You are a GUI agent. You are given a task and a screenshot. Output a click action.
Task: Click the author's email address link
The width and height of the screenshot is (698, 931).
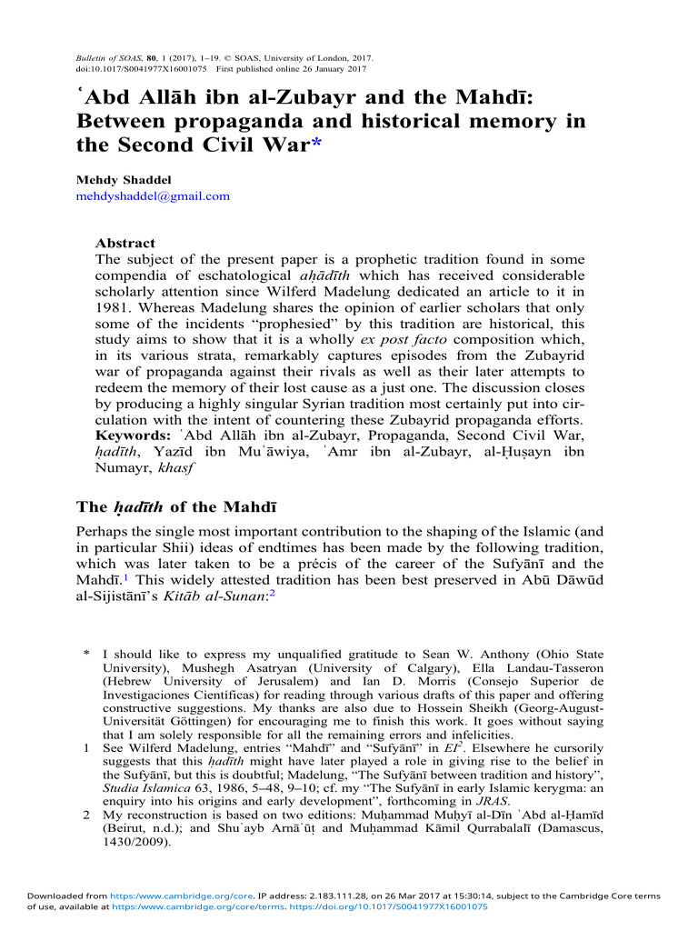pos(152,195)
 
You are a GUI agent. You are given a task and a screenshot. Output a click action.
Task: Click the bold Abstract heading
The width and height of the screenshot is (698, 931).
pos(125,243)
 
